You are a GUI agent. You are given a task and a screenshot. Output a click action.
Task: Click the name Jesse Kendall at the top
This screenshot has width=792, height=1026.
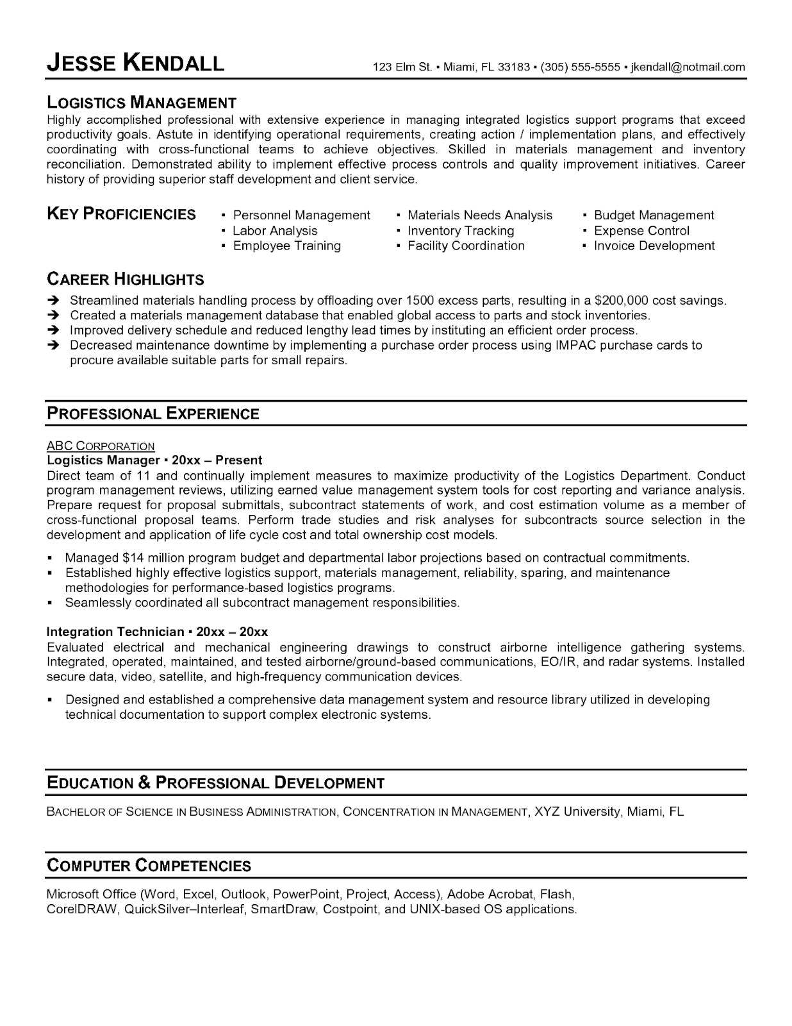pos(136,63)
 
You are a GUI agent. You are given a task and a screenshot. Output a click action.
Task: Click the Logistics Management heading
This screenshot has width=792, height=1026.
pos(142,103)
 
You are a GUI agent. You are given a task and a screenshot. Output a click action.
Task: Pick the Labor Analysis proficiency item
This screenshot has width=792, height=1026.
pos(275,231)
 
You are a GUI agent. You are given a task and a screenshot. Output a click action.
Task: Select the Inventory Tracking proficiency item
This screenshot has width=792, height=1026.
pos(460,231)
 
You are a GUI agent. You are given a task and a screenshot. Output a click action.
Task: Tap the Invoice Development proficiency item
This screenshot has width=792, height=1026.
pos(654,246)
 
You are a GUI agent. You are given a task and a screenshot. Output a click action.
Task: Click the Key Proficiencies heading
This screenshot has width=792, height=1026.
pos(122,214)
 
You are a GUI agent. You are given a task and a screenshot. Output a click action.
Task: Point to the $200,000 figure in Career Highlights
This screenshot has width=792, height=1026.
pos(622,300)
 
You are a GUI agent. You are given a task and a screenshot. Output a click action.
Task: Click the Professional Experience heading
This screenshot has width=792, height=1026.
pos(153,414)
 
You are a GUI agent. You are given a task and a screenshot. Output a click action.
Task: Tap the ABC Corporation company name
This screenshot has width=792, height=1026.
pos(101,446)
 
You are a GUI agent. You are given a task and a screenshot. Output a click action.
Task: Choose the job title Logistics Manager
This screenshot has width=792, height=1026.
pos(103,460)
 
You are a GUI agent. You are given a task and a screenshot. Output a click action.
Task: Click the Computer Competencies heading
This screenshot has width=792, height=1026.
pos(149,866)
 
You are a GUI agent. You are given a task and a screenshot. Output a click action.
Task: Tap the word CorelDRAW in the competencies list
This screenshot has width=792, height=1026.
pos(82,909)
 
